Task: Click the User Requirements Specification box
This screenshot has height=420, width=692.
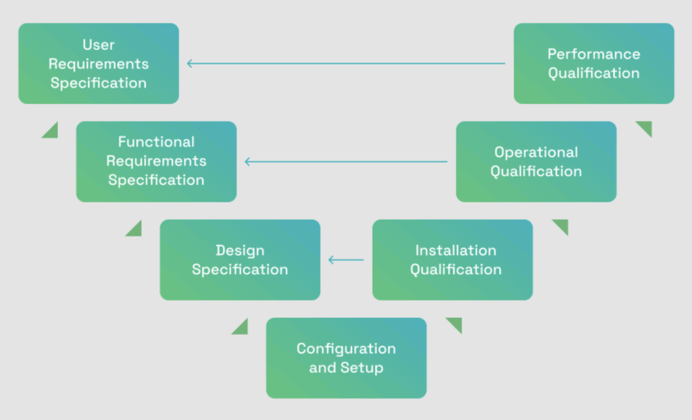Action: (x=99, y=63)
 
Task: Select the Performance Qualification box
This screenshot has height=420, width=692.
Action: (x=594, y=63)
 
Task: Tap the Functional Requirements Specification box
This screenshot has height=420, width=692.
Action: (x=156, y=161)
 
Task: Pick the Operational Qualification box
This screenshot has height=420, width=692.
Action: (x=536, y=161)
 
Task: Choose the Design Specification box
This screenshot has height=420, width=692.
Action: (x=240, y=260)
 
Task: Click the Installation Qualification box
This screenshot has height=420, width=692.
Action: (x=452, y=260)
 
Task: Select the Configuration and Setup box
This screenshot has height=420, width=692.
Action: (x=347, y=358)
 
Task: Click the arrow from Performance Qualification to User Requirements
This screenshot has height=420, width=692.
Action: (x=347, y=63)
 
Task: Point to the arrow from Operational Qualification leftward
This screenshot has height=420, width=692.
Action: (x=347, y=161)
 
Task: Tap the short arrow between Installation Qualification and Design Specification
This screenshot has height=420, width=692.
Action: (x=347, y=260)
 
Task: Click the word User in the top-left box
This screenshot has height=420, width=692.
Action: (x=99, y=45)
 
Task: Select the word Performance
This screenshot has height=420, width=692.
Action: (x=594, y=54)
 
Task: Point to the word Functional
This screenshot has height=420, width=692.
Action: (x=156, y=142)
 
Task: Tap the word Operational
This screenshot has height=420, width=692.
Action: (x=536, y=152)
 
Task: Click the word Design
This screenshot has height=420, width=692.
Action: (x=240, y=251)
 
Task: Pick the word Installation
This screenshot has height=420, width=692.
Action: (x=456, y=250)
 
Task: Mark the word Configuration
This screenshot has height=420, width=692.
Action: (x=347, y=348)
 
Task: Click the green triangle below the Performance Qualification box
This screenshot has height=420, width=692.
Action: (x=646, y=127)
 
